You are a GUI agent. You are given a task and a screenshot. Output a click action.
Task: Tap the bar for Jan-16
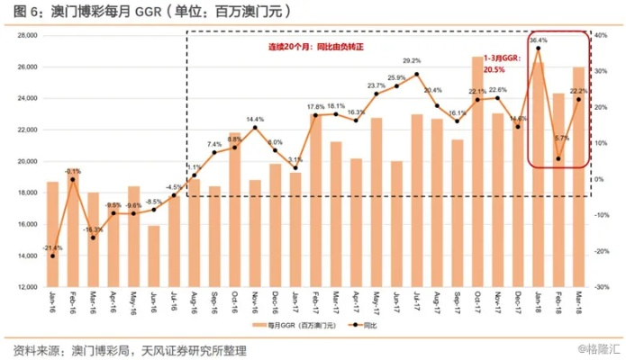pos(52,234)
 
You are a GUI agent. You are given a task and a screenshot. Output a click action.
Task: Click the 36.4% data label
pos(539,40)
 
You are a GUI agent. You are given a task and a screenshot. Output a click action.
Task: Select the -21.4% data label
pos(52,247)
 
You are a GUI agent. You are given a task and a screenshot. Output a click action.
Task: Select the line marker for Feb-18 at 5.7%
pos(559,158)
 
